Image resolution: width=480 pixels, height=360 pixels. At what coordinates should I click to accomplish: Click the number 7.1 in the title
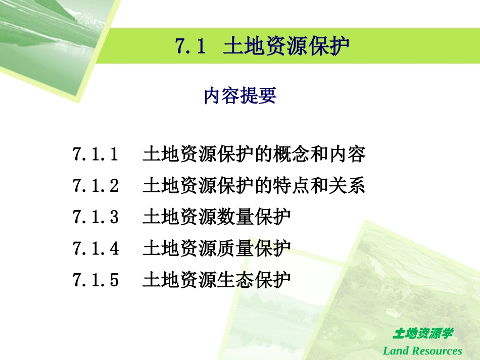coord(190,46)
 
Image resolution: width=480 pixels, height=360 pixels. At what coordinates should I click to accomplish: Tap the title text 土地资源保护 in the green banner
coord(286,46)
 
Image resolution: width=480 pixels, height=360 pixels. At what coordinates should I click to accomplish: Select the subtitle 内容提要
coord(240,95)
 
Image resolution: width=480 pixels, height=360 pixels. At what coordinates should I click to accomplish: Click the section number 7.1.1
coord(95,155)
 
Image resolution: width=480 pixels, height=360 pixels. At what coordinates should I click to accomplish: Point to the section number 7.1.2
coord(95,186)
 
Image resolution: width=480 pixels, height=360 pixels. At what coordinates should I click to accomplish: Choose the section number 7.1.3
coord(95,217)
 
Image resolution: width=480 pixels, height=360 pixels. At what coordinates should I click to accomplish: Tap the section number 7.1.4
coord(95,248)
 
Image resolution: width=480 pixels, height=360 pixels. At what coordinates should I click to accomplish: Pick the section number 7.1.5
coord(95,279)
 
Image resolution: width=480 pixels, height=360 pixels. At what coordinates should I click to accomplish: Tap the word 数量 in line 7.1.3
coord(235,217)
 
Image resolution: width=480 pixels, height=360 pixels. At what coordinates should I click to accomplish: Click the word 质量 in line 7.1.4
coord(235,248)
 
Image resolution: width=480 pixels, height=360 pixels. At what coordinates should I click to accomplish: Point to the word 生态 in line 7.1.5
coord(235,279)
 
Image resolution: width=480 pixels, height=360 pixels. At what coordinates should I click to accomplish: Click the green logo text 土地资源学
coord(422,334)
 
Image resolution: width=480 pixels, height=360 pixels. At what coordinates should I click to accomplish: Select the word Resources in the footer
coord(436,350)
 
